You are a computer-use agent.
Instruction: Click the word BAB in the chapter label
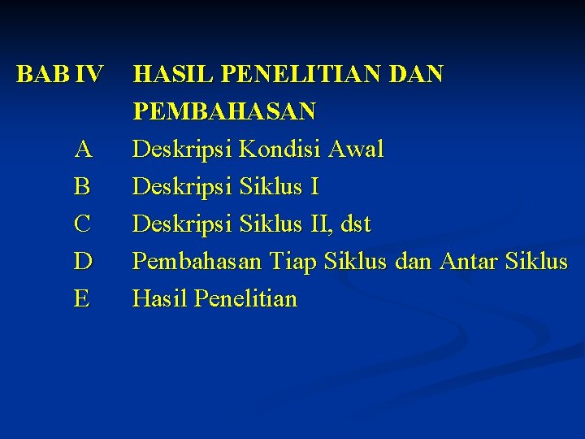coord(44,75)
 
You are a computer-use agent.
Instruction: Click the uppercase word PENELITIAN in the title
coord(299,75)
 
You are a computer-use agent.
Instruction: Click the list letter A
coord(82,150)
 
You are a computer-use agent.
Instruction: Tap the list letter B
coord(82,187)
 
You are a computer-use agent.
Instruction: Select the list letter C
coord(82,224)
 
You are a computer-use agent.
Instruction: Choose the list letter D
coord(82,262)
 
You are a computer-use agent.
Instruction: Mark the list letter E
coord(82,299)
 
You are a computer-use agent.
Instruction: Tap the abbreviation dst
coord(355,224)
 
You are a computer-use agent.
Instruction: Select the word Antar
coord(466,262)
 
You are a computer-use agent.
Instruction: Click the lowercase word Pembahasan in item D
coord(197,262)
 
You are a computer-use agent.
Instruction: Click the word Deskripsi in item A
coord(182,150)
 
